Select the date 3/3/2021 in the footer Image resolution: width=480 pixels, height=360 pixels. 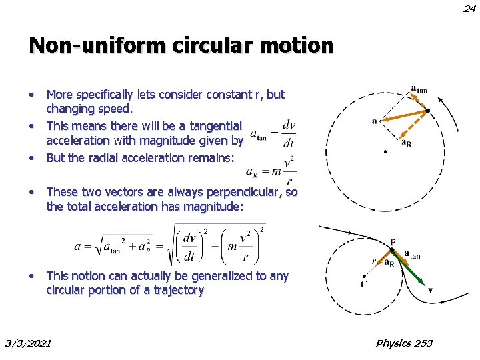pyautogui.click(x=28, y=343)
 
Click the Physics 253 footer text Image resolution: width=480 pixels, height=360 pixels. pyautogui.click(x=404, y=343)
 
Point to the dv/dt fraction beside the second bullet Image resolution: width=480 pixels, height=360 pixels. pyautogui.click(x=289, y=133)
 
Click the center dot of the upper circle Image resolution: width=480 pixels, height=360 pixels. pyautogui.click(x=386, y=152)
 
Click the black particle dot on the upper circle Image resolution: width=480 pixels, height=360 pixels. pyautogui.click(x=427, y=111)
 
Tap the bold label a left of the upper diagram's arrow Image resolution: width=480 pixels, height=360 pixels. pyautogui.click(x=374, y=121)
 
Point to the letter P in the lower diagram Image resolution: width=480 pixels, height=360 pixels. pyautogui.click(x=393, y=242)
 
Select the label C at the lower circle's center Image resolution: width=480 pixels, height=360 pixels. pyautogui.click(x=365, y=284)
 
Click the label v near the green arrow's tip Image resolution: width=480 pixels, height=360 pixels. pyautogui.click(x=431, y=290)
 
